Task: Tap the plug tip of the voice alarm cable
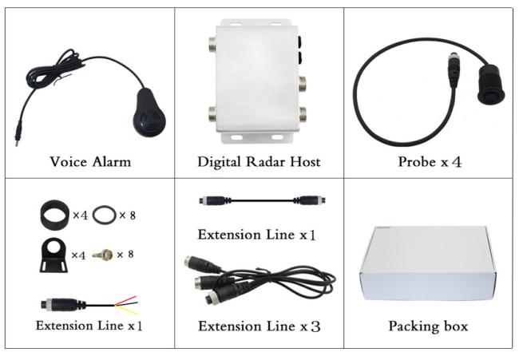pyautogui.click(x=17, y=141)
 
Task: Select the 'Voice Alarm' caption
pyautogui.click(x=90, y=162)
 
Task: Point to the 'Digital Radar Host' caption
pyautogui.click(x=259, y=162)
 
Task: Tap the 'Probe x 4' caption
pyautogui.click(x=430, y=162)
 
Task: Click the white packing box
pyautogui.click(x=428, y=263)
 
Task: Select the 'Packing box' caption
pyautogui.click(x=428, y=326)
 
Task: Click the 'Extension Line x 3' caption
pyautogui.click(x=259, y=326)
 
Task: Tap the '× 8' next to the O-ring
pyautogui.click(x=128, y=216)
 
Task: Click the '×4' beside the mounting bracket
pyautogui.click(x=78, y=255)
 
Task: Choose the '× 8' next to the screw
pyautogui.click(x=125, y=254)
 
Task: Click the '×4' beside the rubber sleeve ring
pyautogui.click(x=80, y=216)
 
